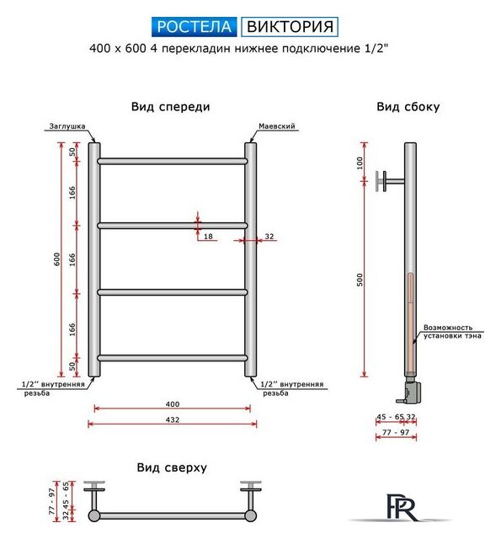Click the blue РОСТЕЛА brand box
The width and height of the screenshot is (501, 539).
(195, 25)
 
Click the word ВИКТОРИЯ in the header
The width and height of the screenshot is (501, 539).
(290, 25)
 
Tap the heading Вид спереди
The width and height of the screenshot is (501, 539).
(171, 107)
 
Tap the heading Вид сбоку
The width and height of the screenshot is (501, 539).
(408, 107)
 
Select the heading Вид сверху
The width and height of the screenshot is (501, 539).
(171, 467)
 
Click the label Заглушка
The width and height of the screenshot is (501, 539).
(67, 125)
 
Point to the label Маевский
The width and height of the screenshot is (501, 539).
(277, 125)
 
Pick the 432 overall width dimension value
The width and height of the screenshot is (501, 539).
(171, 418)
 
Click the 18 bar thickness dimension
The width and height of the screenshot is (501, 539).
(208, 237)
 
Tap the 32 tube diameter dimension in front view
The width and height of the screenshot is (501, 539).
(269, 237)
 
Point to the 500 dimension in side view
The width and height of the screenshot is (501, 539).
(360, 281)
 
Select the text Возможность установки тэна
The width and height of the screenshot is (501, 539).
(453, 332)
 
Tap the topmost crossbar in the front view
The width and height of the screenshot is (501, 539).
(172, 161)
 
